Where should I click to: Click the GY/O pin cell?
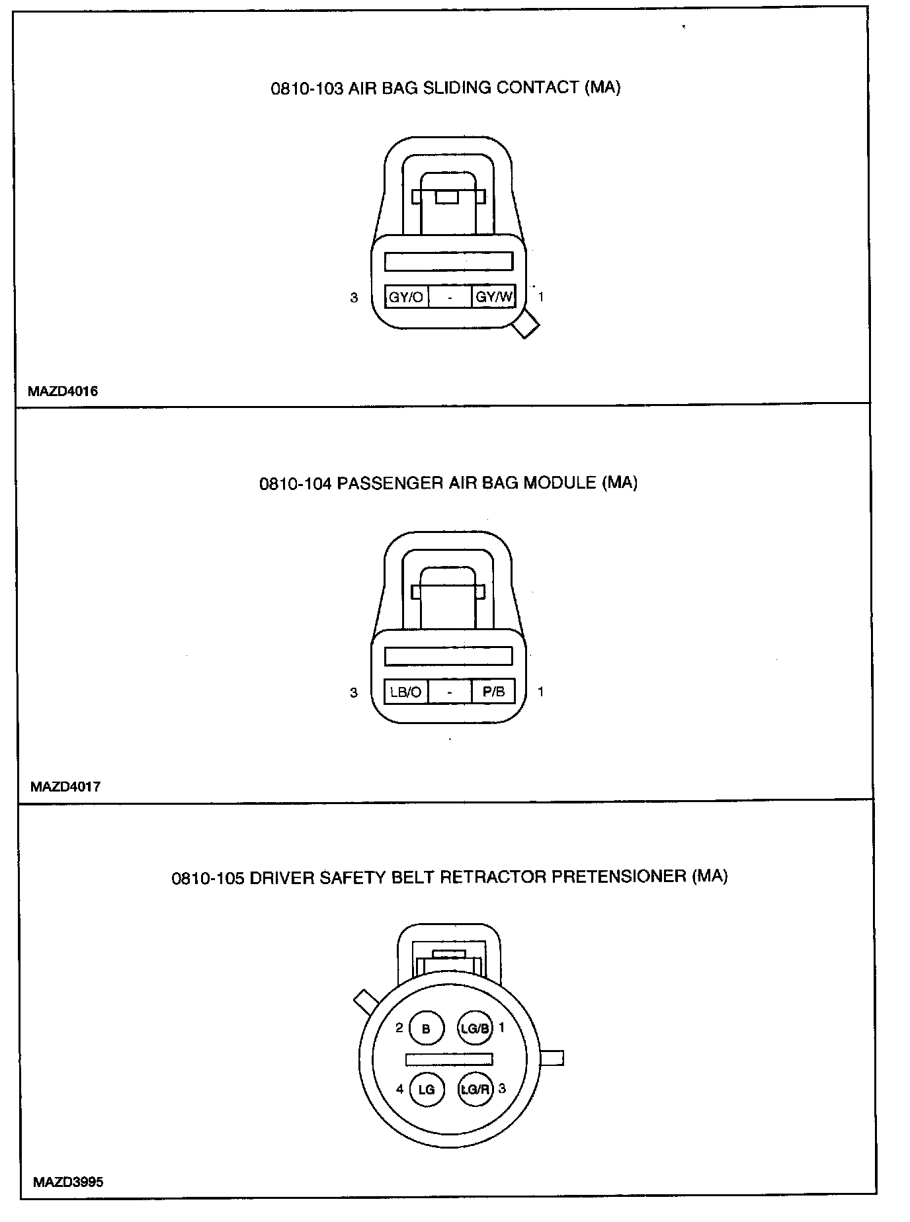[406, 297]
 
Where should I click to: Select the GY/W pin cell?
[494, 297]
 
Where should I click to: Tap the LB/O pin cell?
[406, 692]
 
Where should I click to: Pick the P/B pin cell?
[494, 692]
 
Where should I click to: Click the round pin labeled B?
[426, 1029]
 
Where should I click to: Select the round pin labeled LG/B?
[475, 1028]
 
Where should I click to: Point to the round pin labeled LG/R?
[475, 1089]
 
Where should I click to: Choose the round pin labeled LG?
[427, 1089]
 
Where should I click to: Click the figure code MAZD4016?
[63, 391]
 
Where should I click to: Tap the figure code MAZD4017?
[65, 787]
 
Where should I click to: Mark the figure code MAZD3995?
[67, 1182]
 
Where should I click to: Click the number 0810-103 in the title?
[307, 89]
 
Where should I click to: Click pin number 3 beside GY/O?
[354, 298]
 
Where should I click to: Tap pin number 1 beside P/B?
[541, 692]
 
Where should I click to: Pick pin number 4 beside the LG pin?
[399, 1088]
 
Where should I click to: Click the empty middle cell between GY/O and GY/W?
[450, 297]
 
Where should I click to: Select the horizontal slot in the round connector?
[449, 1059]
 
